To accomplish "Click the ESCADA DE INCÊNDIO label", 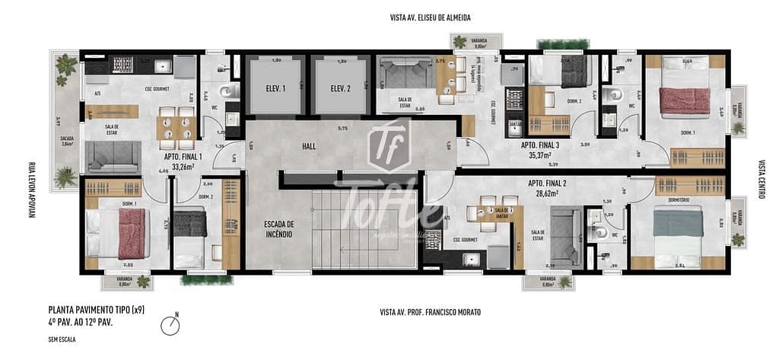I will (278, 229).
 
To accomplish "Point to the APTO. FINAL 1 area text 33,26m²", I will (183, 166).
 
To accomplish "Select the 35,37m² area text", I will (540, 155).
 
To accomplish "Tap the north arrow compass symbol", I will (172, 326).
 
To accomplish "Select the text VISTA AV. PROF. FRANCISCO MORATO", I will (430, 312).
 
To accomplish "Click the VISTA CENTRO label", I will (761, 179).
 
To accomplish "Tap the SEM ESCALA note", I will (62, 339).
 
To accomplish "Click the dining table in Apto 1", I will (176, 127).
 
